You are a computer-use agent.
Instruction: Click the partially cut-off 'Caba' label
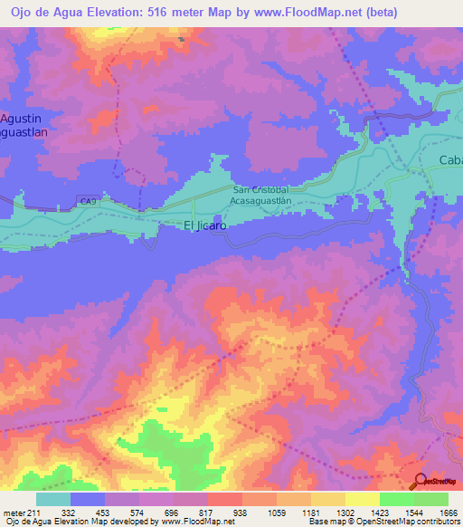pos(450,160)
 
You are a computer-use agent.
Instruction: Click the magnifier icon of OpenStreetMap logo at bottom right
pos(420,481)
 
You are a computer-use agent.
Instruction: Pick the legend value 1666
pos(449,513)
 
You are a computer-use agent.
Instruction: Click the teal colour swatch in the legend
pos(53,499)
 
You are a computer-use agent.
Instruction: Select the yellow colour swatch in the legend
pos(362,499)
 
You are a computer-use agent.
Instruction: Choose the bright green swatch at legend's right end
pos(430,499)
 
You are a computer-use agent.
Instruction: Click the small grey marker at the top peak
pos(182,39)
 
